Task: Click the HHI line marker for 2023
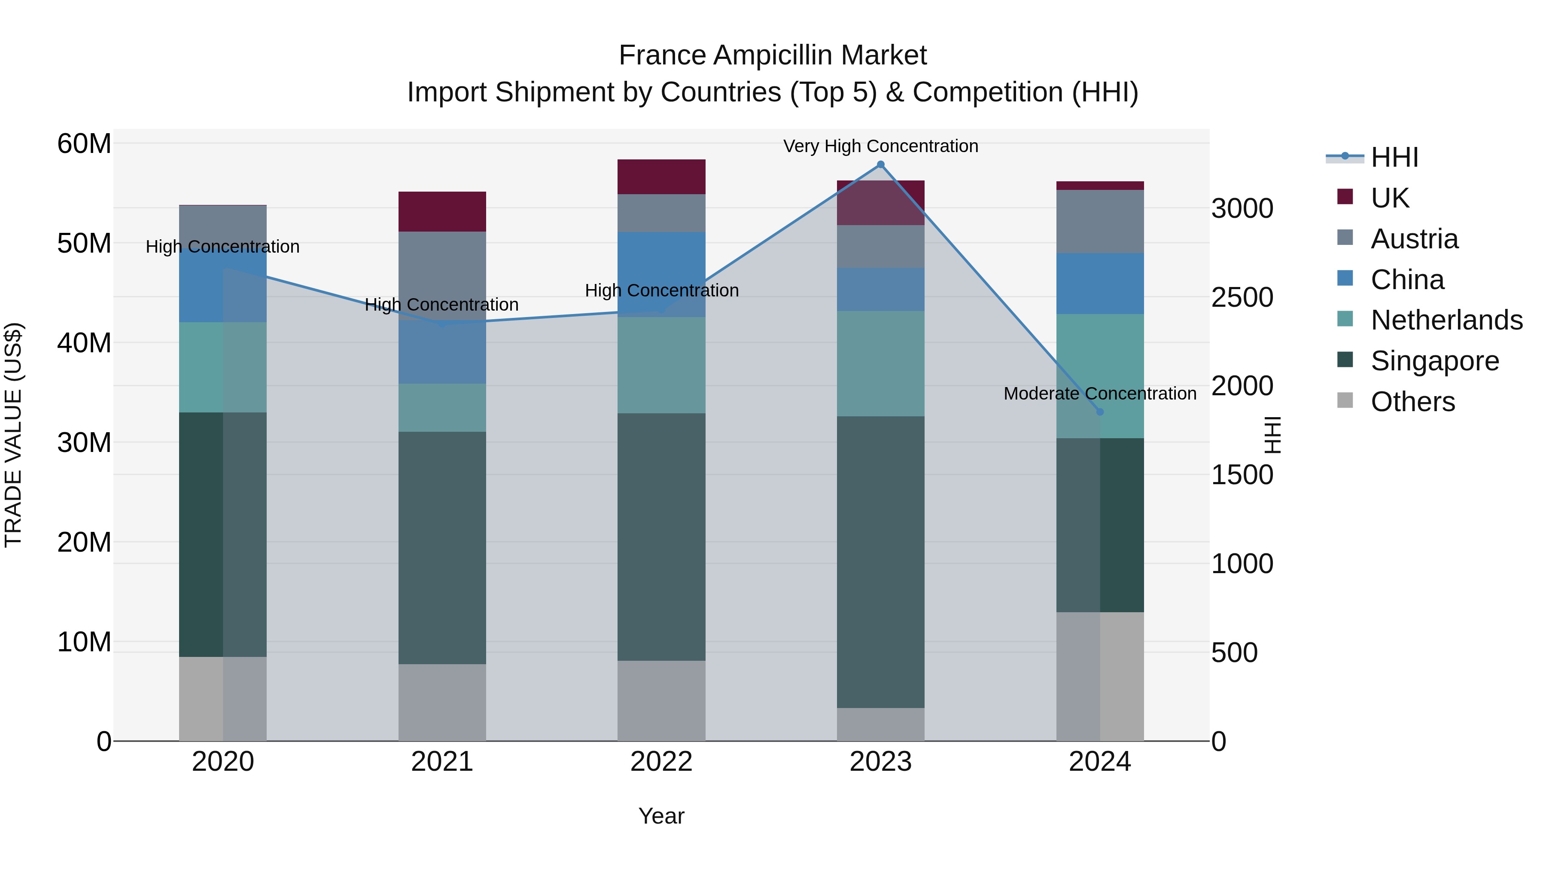(x=880, y=165)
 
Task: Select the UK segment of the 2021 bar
(x=442, y=211)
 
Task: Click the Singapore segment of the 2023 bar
(x=880, y=562)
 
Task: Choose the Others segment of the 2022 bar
(x=661, y=701)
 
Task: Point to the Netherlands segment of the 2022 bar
(x=661, y=365)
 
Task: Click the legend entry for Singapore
(x=1434, y=361)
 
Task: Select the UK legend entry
(x=1389, y=198)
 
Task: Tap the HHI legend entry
(x=1394, y=157)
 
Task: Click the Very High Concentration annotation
(x=880, y=146)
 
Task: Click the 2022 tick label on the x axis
(x=661, y=762)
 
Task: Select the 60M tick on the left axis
(x=84, y=144)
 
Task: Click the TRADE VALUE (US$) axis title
(x=13, y=435)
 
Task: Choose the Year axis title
(x=661, y=816)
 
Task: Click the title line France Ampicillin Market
(x=773, y=55)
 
